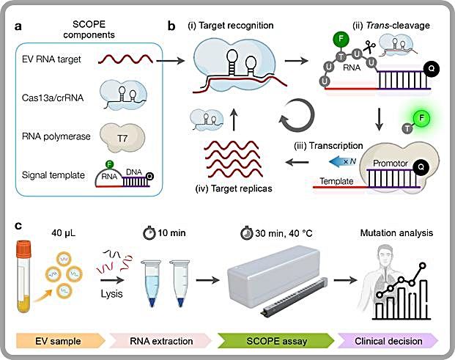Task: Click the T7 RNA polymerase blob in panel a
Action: click(122, 138)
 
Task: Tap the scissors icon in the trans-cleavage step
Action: click(369, 46)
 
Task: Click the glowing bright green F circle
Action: click(421, 118)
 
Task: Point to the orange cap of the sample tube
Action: click(23, 249)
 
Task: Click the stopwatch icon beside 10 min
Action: click(149, 232)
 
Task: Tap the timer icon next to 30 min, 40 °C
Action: click(247, 232)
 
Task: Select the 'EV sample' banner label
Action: click(58, 341)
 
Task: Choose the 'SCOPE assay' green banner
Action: click(276, 341)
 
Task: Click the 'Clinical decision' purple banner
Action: click(388, 341)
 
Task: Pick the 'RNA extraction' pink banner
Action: click(161, 341)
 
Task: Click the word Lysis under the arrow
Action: click(111, 294)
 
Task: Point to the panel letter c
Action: click(18, 226)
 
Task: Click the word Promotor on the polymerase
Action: click(391, 164)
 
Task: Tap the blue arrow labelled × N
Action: click(342, 162)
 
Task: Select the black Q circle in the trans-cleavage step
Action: click(432, 69)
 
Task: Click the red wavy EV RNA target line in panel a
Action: click(125, 59)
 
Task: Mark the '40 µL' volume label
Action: click(64, 233)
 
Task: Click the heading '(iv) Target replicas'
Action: click(234, 188)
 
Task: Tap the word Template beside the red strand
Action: click(336, 181)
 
